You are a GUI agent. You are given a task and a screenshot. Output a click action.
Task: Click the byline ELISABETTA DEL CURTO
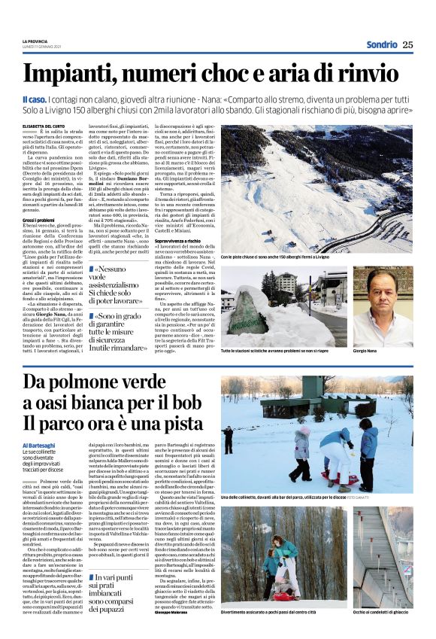[46, 117]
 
